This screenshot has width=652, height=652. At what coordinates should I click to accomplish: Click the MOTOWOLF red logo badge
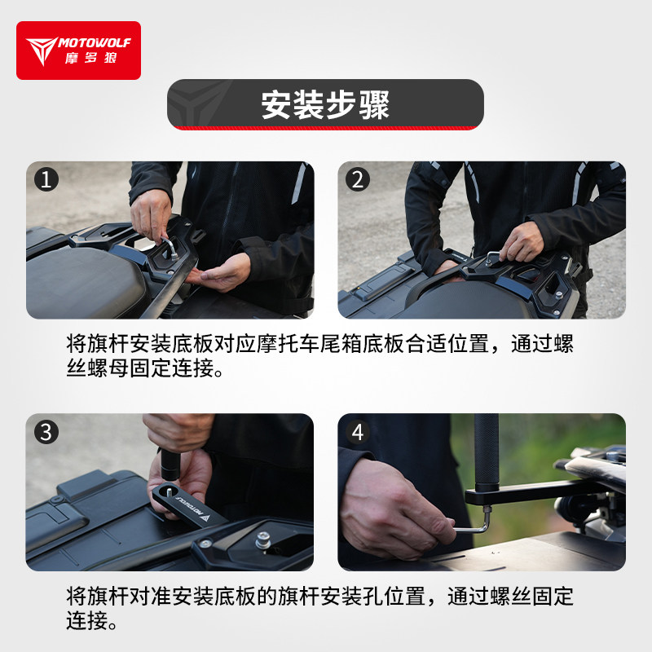click(x=78, y=51)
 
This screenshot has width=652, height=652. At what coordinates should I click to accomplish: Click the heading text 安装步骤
click(x=325, y=104)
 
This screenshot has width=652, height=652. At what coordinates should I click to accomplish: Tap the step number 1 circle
click(x=46, y=179)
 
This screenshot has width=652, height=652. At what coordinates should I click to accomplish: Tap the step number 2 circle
click(x=358, y=179)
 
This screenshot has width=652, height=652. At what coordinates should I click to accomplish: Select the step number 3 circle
click(x=46, y=432)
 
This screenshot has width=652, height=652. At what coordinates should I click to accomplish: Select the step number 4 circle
click(x=358, y=432)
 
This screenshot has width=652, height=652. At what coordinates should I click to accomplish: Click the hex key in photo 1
click(x=170, y=248)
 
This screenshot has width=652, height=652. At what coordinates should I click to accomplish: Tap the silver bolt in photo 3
click(x=262, y=540)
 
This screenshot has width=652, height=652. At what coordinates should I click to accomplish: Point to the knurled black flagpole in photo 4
click(x=486, y=450)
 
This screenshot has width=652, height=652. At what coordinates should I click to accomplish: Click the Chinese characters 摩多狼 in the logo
click(x=90, y=58)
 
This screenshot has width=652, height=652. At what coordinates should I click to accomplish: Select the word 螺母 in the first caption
click(x=108, y=368)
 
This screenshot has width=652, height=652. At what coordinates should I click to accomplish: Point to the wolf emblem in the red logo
click(x=42, y=50)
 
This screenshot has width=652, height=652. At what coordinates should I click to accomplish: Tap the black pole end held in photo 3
click(x=170, y=465)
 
